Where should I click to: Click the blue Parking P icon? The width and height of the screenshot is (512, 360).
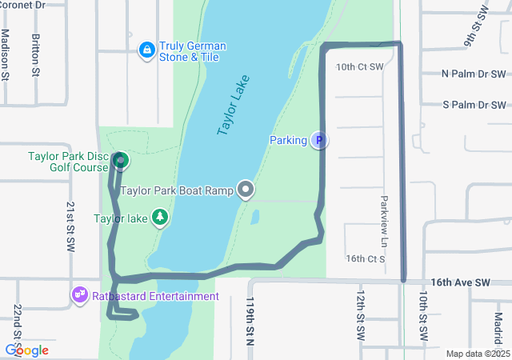(318, 141)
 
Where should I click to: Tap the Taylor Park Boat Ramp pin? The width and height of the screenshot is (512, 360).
(246, 190)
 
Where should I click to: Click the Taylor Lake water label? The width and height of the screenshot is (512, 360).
(234, 105)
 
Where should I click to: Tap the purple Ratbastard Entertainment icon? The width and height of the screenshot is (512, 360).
(79, 296)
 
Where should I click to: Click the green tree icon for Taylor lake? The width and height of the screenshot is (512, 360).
(161, 218)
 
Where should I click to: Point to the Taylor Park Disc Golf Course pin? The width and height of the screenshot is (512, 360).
(120, 162)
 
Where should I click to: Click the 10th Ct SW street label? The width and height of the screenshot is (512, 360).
(360, 67)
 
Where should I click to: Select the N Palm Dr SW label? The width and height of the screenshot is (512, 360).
(474, 74)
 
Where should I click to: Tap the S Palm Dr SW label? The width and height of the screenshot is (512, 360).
(474, 105)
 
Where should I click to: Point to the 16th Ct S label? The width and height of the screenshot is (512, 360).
(366, 259)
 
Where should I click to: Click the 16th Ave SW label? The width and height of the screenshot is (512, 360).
(459, 283)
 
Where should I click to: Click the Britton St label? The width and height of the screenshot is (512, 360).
(36, 55)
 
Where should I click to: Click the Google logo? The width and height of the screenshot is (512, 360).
(26, 350)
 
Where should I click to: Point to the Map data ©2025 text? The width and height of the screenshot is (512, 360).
(477, 354)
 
